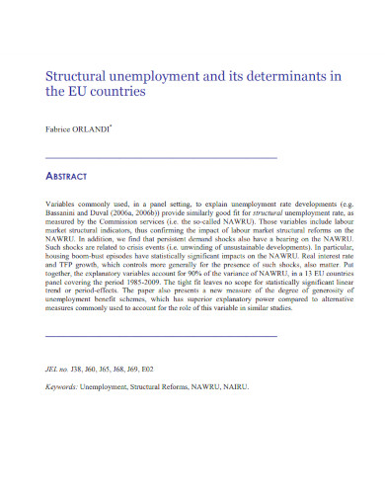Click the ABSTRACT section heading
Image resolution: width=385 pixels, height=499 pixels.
click(x=67, y=176)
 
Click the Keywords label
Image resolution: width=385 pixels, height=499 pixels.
click(x=65, y=385)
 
